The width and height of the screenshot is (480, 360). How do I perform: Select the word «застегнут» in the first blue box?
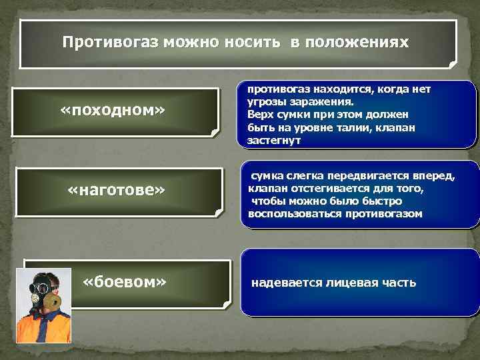point(273,141)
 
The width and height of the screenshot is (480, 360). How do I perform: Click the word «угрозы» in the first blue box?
point(267,102)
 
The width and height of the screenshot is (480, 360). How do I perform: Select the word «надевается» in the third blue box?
point(284,283)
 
